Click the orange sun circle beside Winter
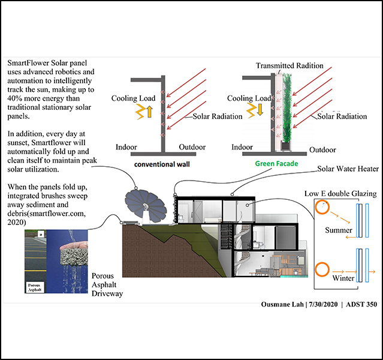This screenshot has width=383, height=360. click(324, 270)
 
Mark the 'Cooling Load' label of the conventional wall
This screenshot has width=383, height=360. click(131, 98)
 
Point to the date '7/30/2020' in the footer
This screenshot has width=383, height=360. click(324, 304)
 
